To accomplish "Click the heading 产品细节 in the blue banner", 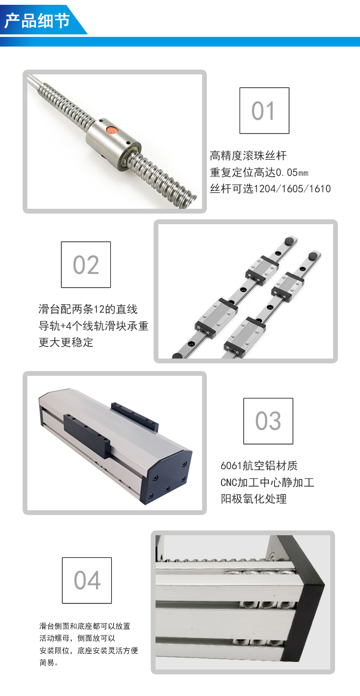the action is tap(37, 21).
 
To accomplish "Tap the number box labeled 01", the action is tap(264, 110).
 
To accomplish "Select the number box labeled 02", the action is tap(86, 264).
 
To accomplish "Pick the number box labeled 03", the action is tap(268, 421).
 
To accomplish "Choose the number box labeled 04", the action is tap(87, 580).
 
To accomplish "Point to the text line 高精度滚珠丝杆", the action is tap(248, 156).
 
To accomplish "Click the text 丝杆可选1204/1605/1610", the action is tap(270, 189).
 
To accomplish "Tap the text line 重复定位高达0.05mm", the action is tap(259, 172).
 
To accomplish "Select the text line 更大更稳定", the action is tap(66, 342).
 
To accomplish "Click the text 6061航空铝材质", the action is tap(259, 466).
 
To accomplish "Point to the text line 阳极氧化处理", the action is tap(253, 499).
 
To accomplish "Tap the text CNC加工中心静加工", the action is tap(267, 482).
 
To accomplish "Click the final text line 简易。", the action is tap(49, 663).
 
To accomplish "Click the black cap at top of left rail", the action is tap(289, 241).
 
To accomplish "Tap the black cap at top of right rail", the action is tap(313, 256).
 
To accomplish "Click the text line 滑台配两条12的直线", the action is tap(88, 309).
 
